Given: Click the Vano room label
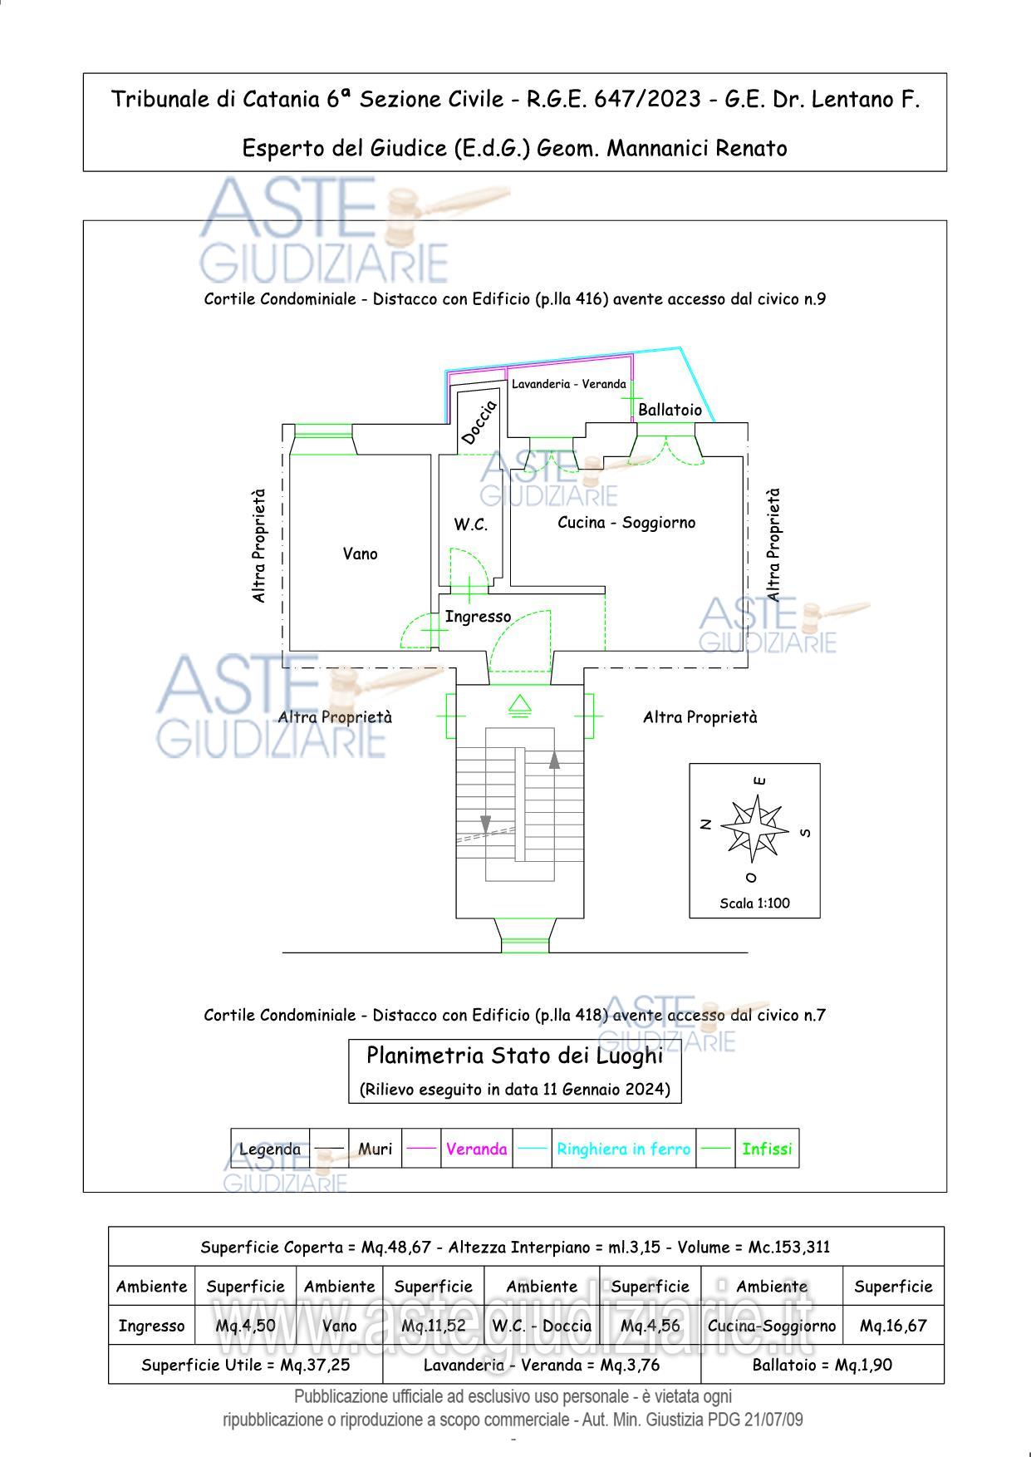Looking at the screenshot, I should [x=360, y=554].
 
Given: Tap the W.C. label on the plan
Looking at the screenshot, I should [x=470, y=524].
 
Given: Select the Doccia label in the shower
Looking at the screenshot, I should [x=479, y=422].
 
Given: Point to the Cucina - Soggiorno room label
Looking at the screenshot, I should [x=626, y=523].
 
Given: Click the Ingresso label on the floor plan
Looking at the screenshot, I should [x=478, y=617].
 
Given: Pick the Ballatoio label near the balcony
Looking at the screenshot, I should [x=670, y=410].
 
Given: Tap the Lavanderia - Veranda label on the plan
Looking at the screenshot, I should [x=568, y=384].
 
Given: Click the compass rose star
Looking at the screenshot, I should [x=755, y=828].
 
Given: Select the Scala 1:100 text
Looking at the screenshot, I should [x=754, y=903].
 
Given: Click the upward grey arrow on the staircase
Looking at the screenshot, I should [x=554, y=759].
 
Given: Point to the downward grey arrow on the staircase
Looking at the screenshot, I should [x=485, y=824].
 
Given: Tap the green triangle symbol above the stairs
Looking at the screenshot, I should [x=520, y=705].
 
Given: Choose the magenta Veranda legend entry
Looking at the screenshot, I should [x=476, y=1149].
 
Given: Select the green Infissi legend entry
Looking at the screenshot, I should [x=767, y=1149].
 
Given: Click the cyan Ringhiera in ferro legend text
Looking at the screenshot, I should [x=623, y=1149].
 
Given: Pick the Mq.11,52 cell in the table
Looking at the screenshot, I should [x=433, y=1326].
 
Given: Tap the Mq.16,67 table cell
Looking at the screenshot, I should [x=893, y=1326].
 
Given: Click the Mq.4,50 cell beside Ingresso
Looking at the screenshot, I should [x=245, y=1326].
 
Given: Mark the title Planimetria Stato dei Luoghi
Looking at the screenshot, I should [x=514, y=1056].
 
